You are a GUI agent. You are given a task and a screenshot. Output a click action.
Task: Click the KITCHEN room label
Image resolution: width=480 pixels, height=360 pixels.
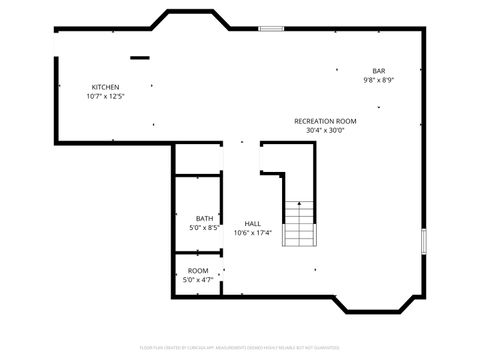(x=105, y=88)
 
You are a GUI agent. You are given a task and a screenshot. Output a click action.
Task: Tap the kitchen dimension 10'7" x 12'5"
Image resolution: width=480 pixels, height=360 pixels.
(x=105, y=97)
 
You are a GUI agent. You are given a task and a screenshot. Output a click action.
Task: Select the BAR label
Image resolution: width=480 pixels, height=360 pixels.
(x=379, y=70)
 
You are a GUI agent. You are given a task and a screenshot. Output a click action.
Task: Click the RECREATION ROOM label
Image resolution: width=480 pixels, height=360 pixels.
(x=325, y=121)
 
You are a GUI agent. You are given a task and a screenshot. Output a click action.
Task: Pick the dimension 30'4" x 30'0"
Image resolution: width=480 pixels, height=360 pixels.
(x=325, y=130)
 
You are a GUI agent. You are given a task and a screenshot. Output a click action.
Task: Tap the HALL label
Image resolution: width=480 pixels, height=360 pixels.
(x=253, y=223)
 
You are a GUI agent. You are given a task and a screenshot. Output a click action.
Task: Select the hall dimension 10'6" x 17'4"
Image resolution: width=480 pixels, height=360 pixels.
(x=253, y=232)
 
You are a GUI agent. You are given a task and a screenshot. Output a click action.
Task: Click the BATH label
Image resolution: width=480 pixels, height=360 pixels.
(x=204, y=219)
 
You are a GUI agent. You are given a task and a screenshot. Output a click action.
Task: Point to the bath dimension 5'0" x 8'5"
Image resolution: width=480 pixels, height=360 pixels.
(x=204, y=228)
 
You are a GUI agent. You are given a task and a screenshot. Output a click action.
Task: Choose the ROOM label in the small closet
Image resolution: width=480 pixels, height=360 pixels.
(x=198, y=271)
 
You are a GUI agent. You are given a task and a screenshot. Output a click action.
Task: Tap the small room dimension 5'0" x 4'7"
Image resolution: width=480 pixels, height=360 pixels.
(x=198, y=280)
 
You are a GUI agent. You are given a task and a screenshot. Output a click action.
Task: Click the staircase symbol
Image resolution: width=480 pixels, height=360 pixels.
(x=299, y=224)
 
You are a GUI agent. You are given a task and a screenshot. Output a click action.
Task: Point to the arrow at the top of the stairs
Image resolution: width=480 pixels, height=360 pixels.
(x=299, y=204)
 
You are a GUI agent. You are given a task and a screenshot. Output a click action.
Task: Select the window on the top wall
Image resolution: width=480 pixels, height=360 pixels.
(x=271, y=28)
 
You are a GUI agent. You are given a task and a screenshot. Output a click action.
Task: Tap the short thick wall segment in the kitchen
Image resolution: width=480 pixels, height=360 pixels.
(x=140, y=58)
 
